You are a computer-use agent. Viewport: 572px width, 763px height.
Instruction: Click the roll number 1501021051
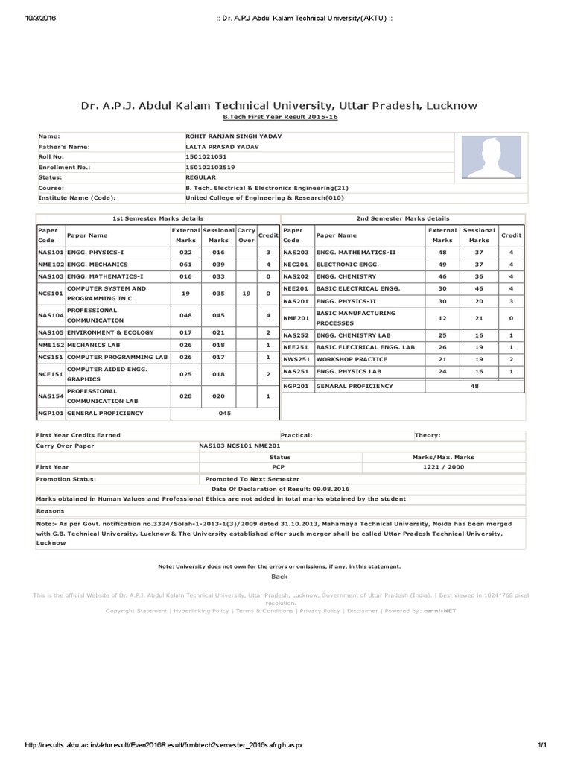[x=205, y=157]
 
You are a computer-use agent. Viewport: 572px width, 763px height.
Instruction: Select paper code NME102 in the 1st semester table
[x=51, y=265]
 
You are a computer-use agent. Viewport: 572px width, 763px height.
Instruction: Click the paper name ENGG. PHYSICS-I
[x=98, y=253]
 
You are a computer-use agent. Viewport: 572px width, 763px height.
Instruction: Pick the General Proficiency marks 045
[x=224, y=413]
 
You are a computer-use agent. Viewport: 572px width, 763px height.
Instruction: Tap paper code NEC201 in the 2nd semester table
[x=296, y=265]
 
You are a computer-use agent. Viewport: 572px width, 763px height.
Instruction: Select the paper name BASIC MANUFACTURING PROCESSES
[x=356, y=318]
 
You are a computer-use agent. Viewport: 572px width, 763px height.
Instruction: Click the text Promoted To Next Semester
[x=252, y=479]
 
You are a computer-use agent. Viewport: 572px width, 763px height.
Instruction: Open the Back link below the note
[x=279, y=577]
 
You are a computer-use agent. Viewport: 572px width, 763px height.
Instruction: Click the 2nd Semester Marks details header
[x=402, y=218]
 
